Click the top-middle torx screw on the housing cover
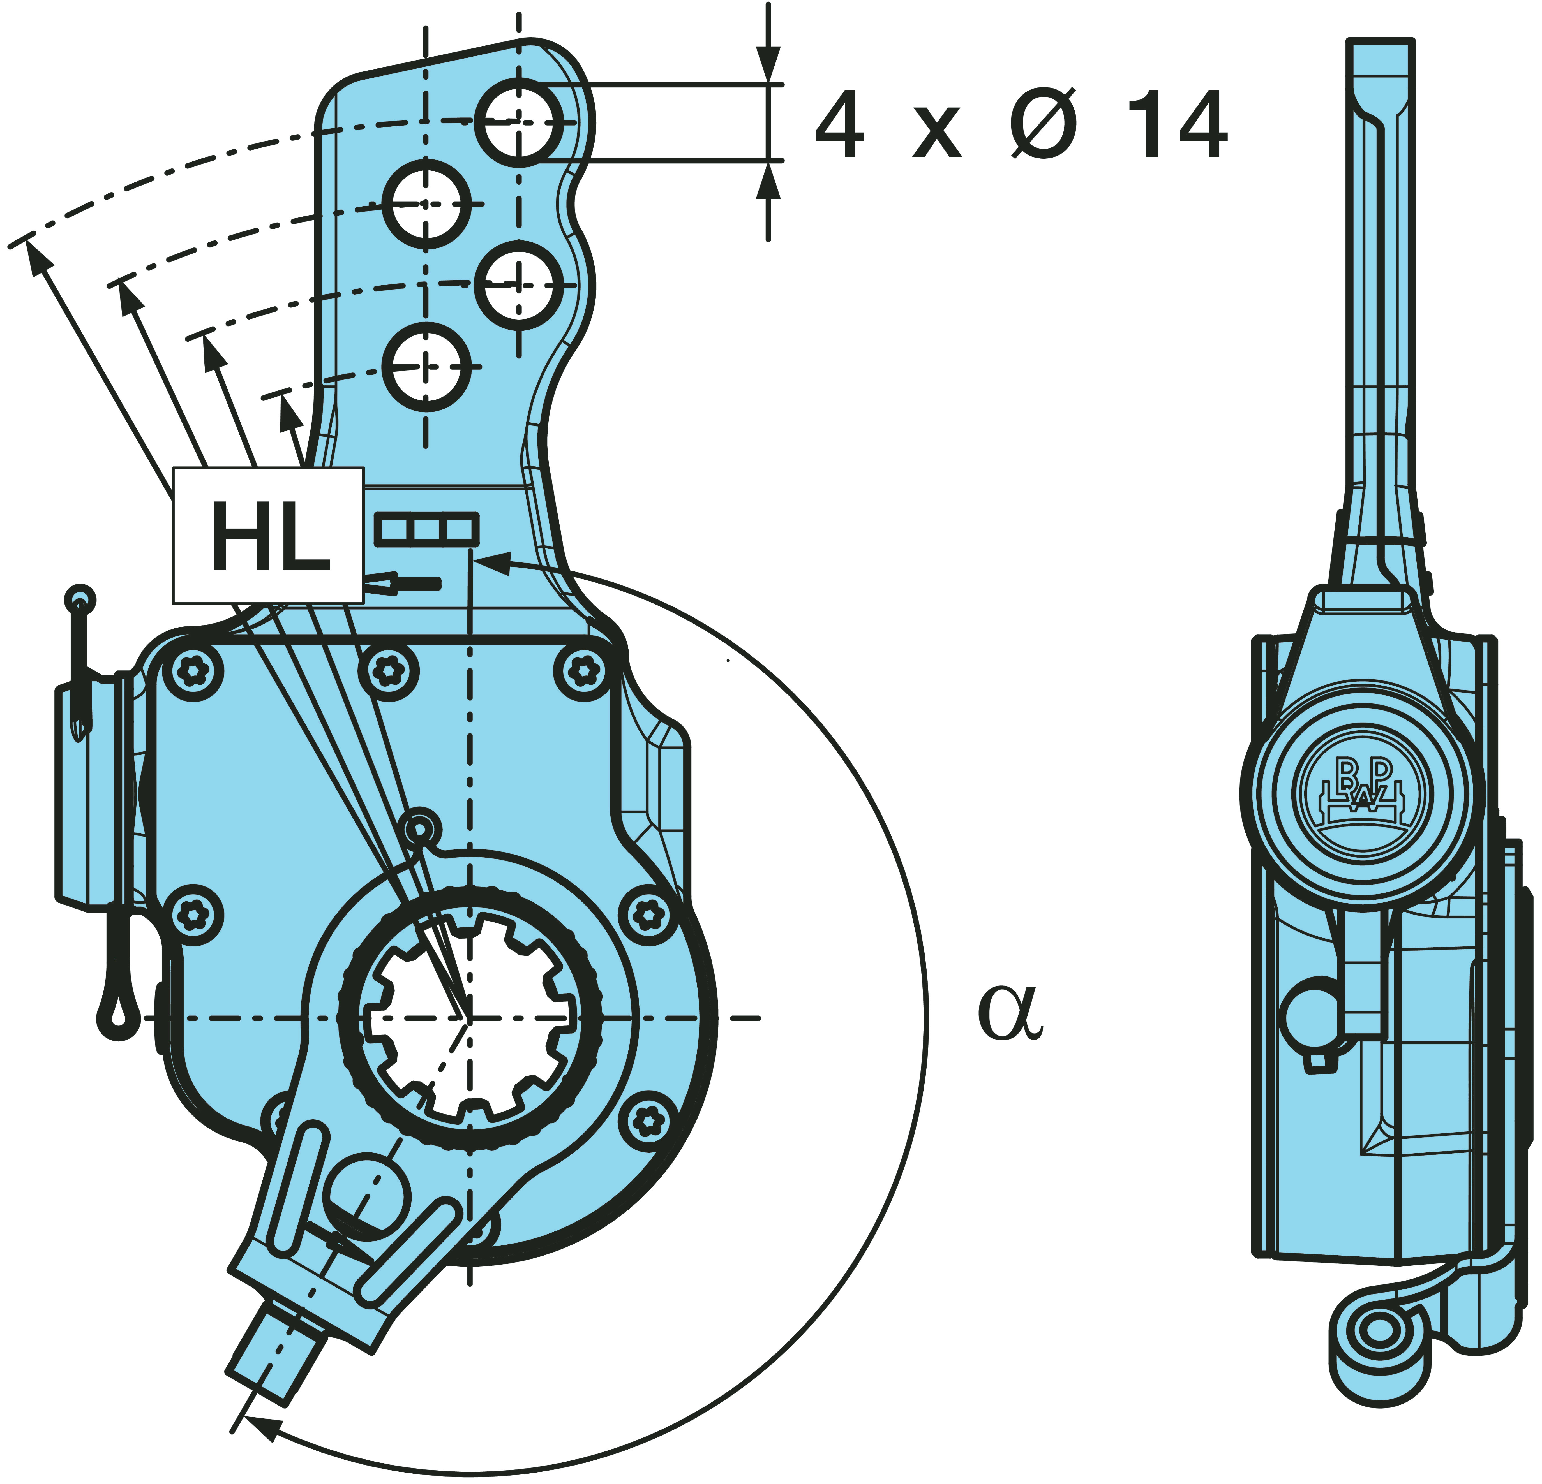coord(388,671)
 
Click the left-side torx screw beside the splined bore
coord(192,915)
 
